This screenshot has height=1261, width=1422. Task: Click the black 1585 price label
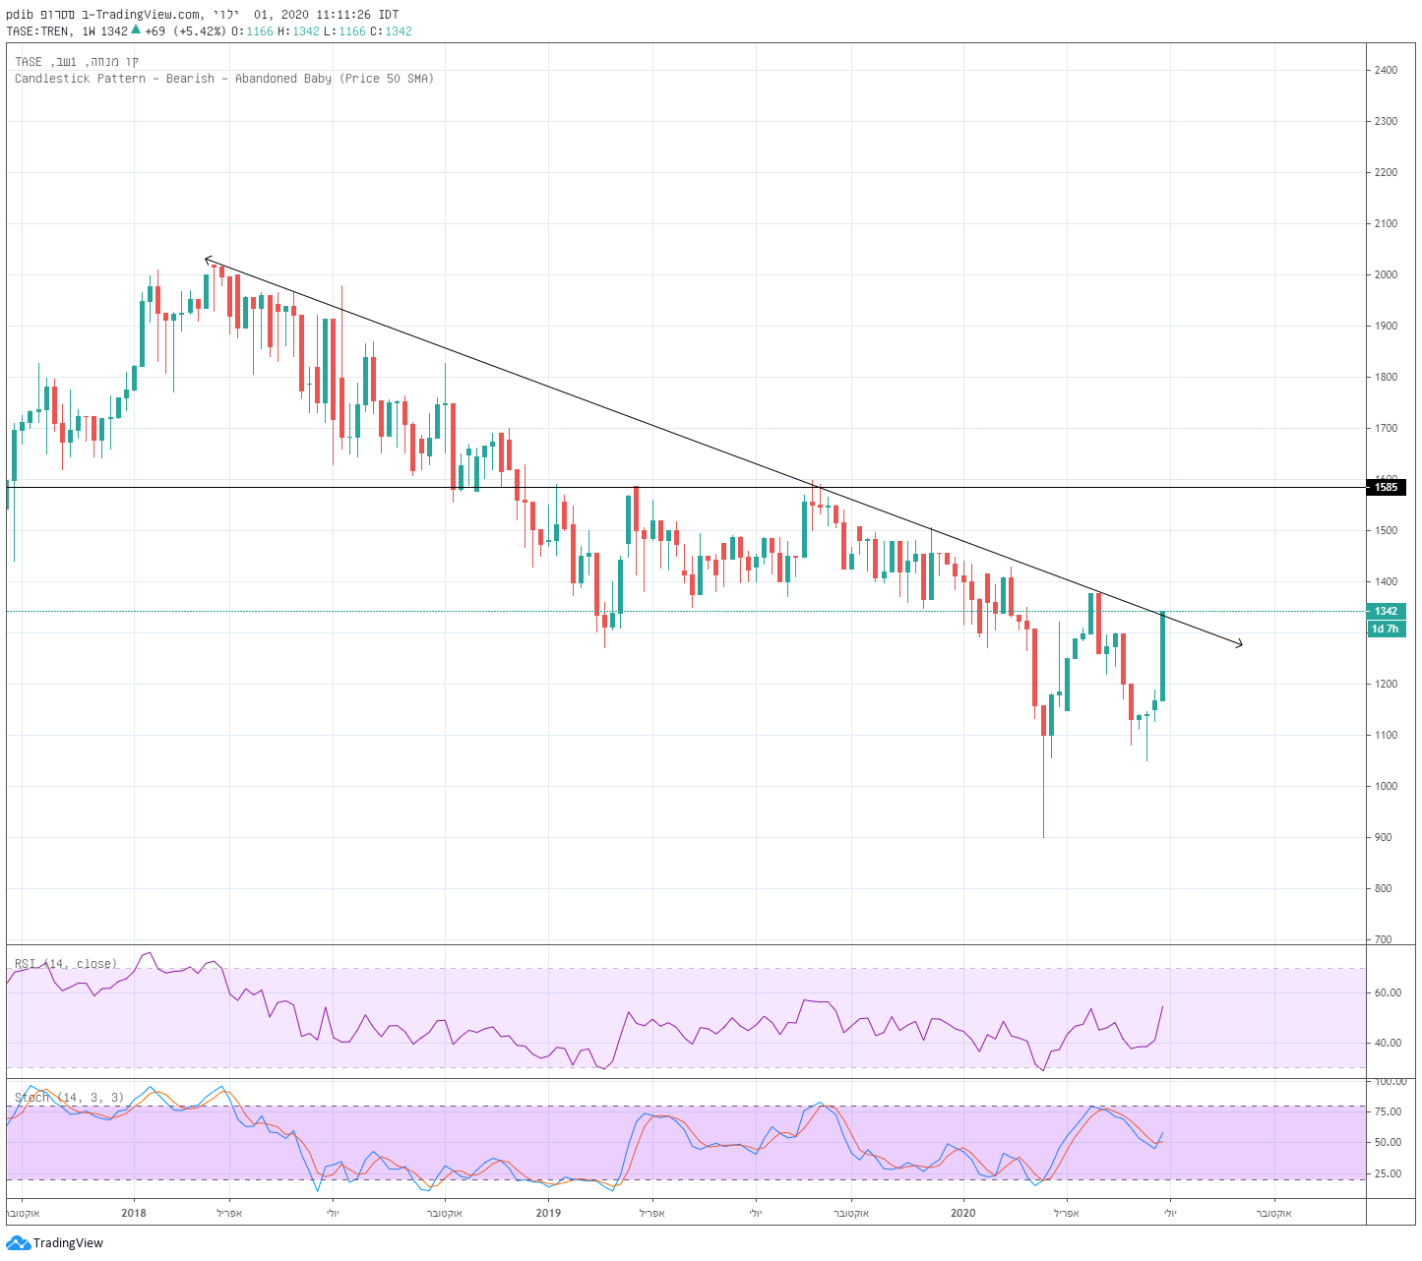[x=1386, y=487]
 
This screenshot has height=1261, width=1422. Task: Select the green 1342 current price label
[x=1386, y=611]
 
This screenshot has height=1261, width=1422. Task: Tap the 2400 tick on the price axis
[x=1386, y=70]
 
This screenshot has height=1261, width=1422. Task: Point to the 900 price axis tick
[x=1384, y=837]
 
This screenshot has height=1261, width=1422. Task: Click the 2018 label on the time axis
[x=134, y=1213]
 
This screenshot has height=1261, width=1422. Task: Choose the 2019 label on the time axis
[x=548, y=1213]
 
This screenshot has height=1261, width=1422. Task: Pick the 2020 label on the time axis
[x=962, y=1213]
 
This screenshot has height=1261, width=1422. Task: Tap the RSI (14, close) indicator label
[x=66, y=964]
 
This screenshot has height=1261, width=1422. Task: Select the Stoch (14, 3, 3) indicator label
[x=69, y=1098]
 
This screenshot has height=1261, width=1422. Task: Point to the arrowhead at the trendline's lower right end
[x=1240, y=644]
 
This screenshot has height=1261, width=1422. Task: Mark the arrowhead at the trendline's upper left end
[x=207, y=260]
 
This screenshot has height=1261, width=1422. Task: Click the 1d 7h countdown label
[x=1386, y=629]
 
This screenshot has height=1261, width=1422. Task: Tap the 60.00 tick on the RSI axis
[x=1389, y=992]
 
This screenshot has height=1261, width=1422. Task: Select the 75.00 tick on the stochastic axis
[x=1389, y=1111]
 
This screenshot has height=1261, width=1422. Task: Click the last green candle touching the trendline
[x=1162, y=656]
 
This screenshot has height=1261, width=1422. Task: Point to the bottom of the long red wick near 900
[x=1043, y=836]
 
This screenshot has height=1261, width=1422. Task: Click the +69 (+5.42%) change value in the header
[x=186, y=31]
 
